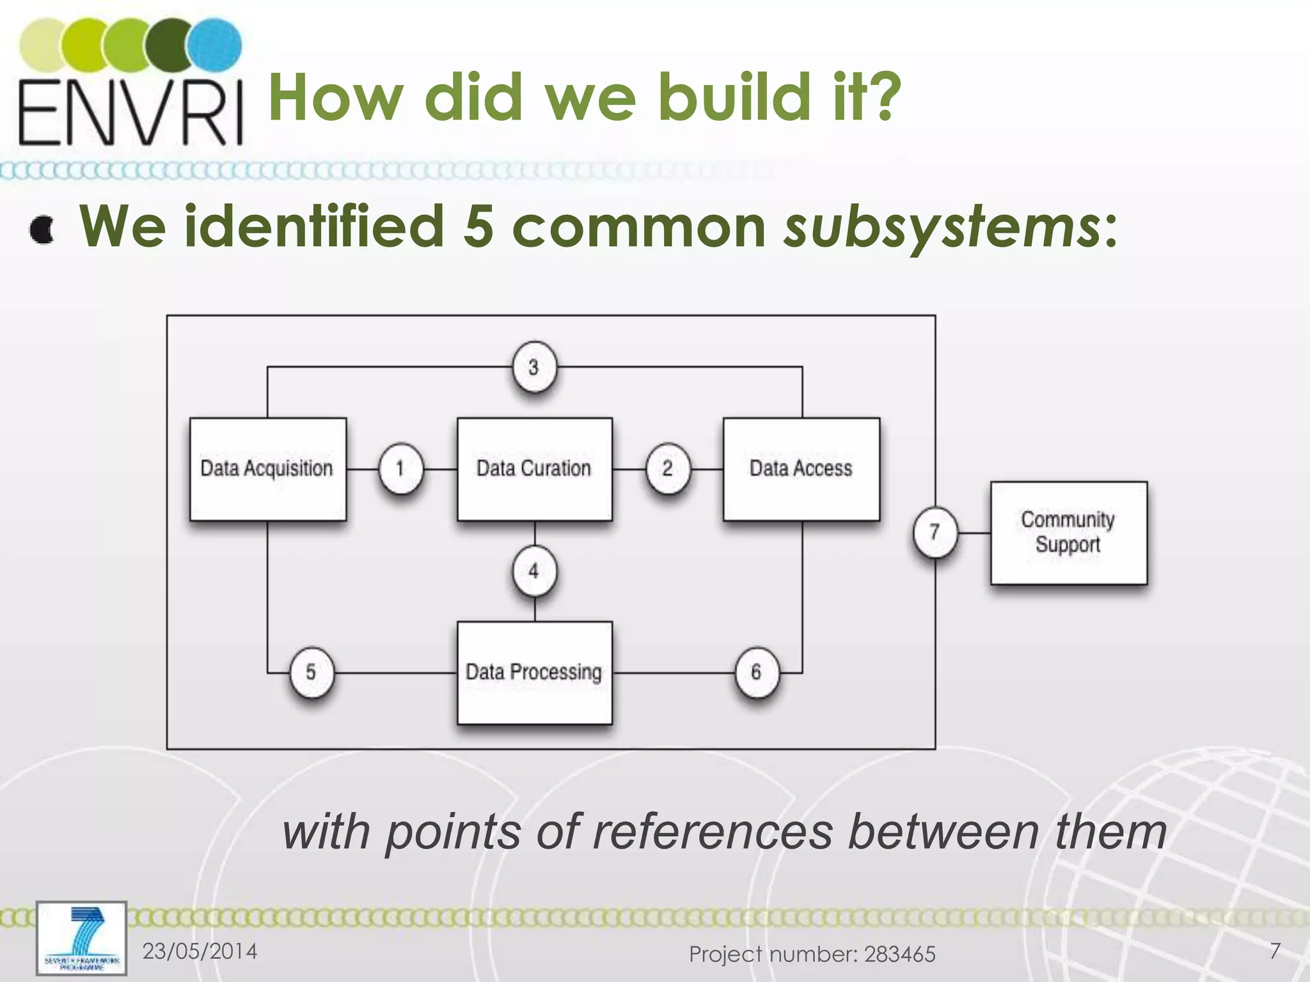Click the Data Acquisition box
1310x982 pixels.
coord(267,469)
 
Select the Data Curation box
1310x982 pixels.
coord(534,469)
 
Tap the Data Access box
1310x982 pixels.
coord(801,469)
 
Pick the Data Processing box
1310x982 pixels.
coord(534,673)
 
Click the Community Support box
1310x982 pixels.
coord(1068,532)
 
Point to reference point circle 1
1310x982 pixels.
coord(400,469)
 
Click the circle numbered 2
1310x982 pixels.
coord(667,469)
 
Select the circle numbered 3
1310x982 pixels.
coord(533,368)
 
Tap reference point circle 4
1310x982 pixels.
coord(534,571)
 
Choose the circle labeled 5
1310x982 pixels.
coord(311,673)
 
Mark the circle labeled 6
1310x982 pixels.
coord(756,673)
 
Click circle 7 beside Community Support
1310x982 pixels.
coord(935,532)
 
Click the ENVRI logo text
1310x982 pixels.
coord(131,113)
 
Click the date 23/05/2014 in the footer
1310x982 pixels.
coord(200,951)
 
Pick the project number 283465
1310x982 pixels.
coord(899,955)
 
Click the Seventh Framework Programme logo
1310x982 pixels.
coord(81,938)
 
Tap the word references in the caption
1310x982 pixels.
coord(713,832)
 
